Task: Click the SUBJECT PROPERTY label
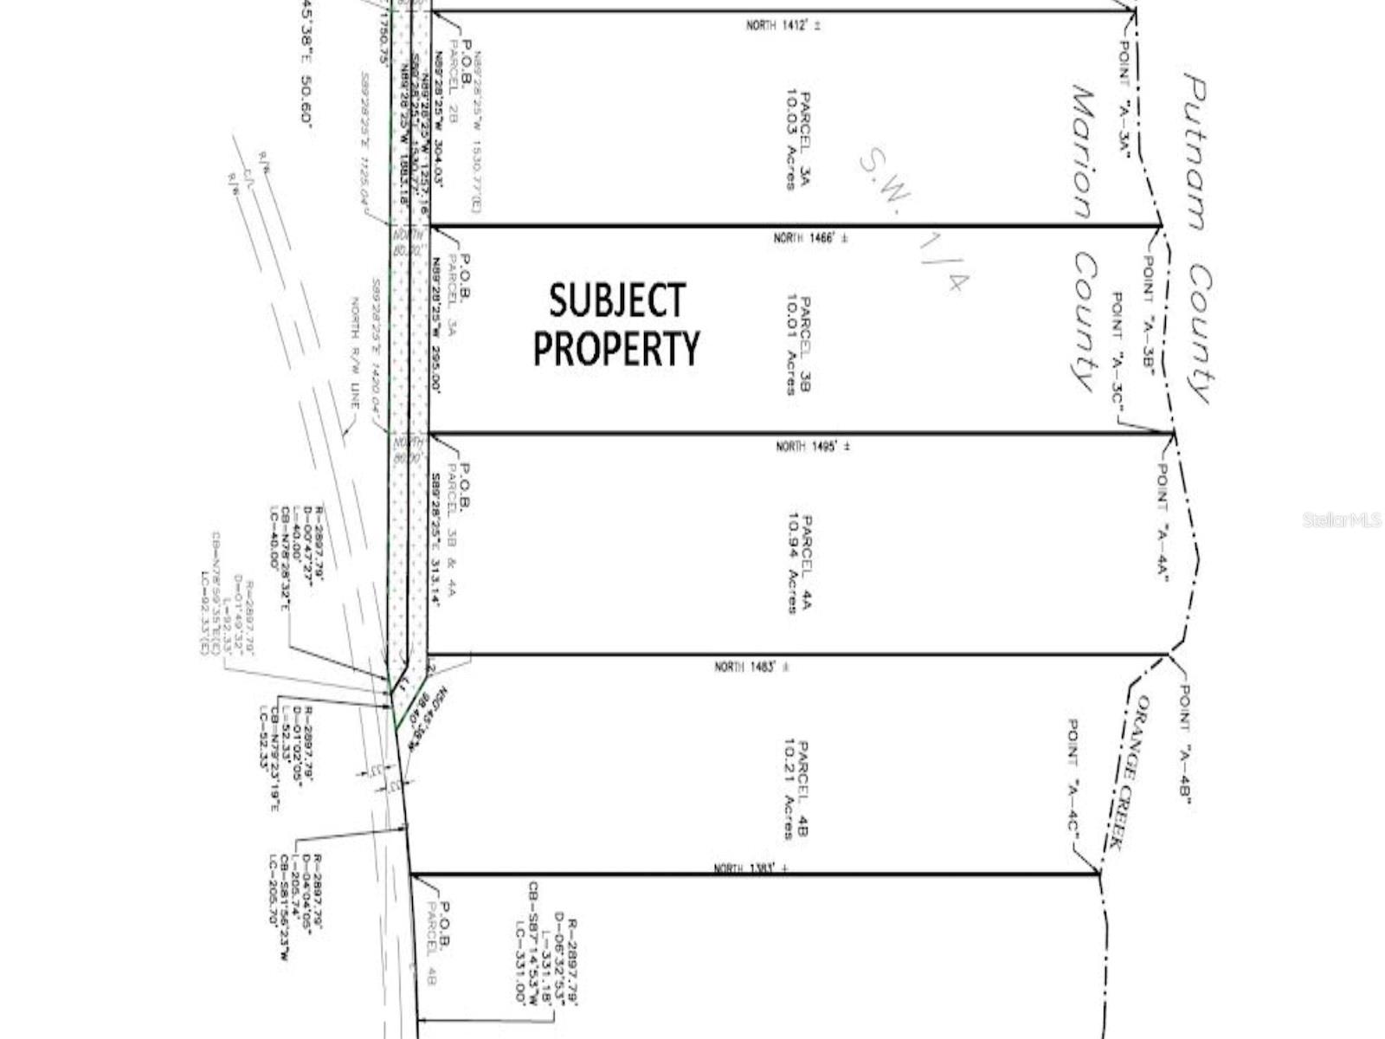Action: [x=616, y=324]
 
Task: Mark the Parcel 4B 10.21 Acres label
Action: [x=795, y=789]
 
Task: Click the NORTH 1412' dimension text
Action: [x=783, y=25]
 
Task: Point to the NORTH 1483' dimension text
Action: [x=751, y=667]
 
